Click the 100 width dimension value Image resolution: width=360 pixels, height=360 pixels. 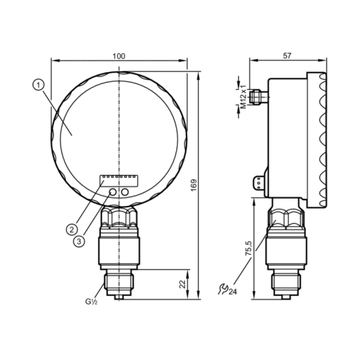click(119, 56)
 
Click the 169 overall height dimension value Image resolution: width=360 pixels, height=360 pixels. click(194, 185)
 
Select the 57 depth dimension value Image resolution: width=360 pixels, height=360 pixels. click(287, 55)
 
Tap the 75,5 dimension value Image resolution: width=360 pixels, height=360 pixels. click(249, 249)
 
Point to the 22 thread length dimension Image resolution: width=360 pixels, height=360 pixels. click(183, 284)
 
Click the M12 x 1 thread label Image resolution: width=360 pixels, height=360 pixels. click(243, 96)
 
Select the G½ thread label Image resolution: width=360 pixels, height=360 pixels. click(91, 302)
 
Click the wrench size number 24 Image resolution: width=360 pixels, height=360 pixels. click(233, 292)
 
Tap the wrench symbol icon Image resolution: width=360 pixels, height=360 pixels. click(222, 289)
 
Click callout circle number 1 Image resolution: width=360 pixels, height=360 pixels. click(38, 85)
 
